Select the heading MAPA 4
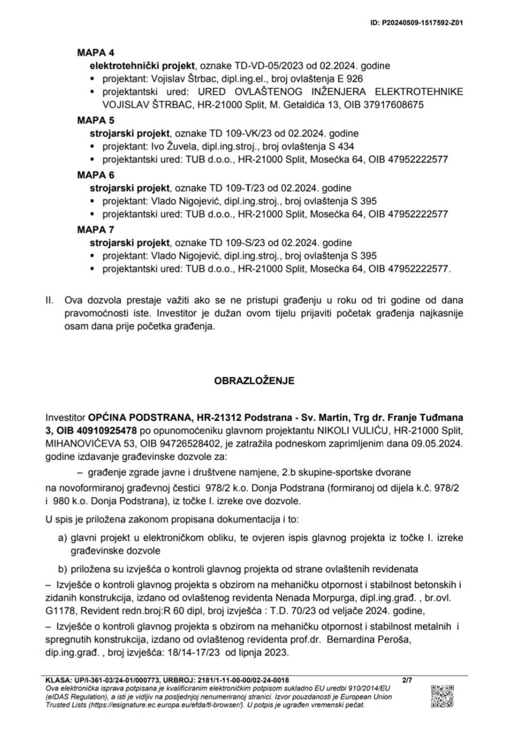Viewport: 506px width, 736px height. pos(96,52)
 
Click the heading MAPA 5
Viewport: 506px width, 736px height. pos(96,121)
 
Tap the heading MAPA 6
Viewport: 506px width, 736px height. pos(96,175)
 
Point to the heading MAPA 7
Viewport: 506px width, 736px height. pos(96,230)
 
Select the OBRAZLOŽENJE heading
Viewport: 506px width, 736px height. pos(254,381)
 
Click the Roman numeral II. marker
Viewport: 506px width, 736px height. pos(50,300)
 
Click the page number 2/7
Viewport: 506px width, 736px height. pos(407,680)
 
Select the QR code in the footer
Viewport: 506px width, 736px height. pos(442,696)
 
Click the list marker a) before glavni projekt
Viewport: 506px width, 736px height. pos(63,538)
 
